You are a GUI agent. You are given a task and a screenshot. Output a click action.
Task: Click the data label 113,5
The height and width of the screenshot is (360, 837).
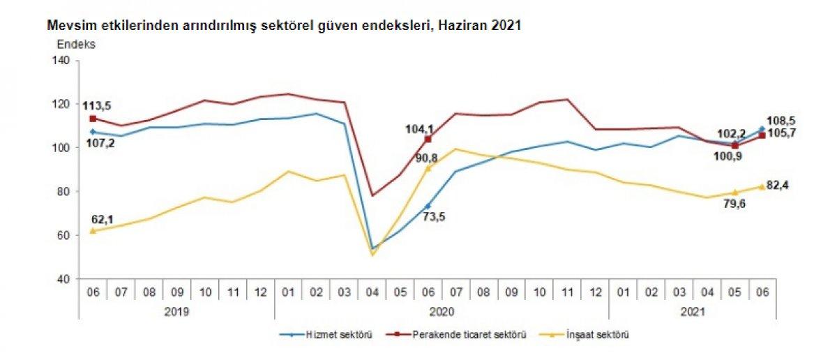[x=98, y=106]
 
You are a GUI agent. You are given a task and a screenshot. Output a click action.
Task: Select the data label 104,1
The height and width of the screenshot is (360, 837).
[x=419, y=128]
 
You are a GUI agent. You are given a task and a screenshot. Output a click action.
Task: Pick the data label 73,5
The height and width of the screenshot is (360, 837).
[x=432, y=216]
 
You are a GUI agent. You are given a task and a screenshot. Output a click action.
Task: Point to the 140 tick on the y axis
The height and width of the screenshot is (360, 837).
[x=61, y=61]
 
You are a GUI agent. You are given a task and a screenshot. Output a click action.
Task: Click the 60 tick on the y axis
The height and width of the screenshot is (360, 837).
[x=63, y=235]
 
